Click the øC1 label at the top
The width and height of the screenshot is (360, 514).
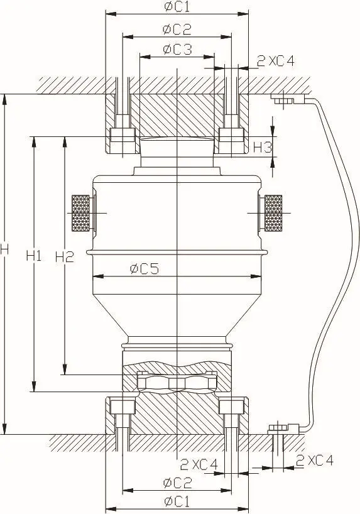coord(177,6)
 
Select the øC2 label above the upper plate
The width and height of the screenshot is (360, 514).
coord(177,30)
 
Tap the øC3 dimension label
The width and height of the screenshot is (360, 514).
coord(177,49)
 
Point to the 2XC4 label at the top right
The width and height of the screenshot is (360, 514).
coord(276,61)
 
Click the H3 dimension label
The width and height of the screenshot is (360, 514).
coord(263,148)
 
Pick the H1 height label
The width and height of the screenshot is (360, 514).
coord(34,255)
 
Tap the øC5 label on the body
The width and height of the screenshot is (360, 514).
coord(145,269)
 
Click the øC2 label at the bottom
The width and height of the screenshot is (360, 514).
coord(177,482)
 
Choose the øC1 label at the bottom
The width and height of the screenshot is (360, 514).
coord(177,501)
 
